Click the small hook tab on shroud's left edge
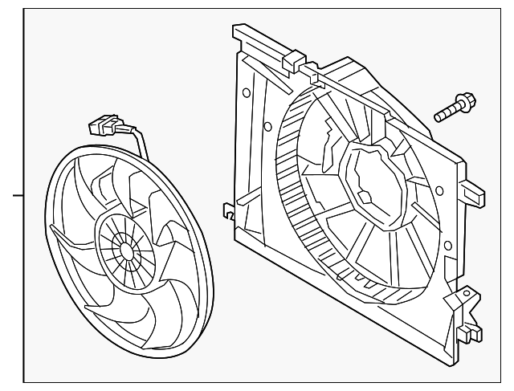click(x=228, y=214)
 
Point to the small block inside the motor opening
click(x=363, y=195)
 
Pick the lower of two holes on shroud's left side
click(x=263, y=124)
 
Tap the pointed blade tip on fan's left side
click(x=53, y=232)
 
